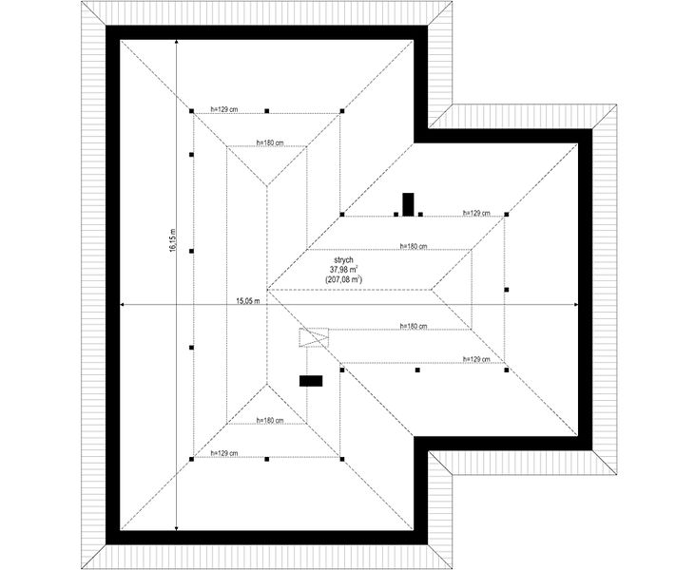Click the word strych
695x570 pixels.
343,260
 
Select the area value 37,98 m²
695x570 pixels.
343,269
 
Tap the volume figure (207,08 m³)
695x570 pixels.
343,279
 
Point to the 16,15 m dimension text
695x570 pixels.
172,240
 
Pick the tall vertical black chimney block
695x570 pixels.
408,204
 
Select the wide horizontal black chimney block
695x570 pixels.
311,381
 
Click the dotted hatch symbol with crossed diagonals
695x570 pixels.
314,337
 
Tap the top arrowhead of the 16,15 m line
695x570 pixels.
177,42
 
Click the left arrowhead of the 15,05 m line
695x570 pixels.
124,305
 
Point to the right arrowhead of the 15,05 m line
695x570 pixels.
575,305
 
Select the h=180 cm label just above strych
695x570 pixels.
413,246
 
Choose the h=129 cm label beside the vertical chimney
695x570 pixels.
476,213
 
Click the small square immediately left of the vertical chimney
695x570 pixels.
396,215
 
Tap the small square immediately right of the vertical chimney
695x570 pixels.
420,215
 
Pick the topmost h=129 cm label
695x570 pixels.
224,109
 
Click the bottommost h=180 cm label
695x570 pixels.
270,420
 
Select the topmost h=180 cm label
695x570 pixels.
270,142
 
